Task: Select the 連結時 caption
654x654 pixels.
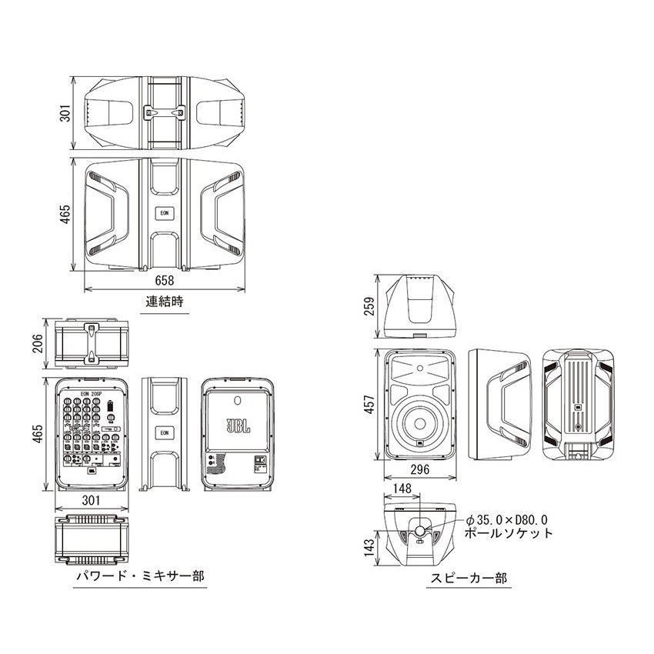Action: (165, 302)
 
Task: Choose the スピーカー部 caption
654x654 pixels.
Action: (459, 577)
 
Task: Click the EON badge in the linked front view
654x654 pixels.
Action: (164, 212)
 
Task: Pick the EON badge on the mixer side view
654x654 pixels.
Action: (164, 432)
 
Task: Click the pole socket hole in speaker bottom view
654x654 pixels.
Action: (420, 530)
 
